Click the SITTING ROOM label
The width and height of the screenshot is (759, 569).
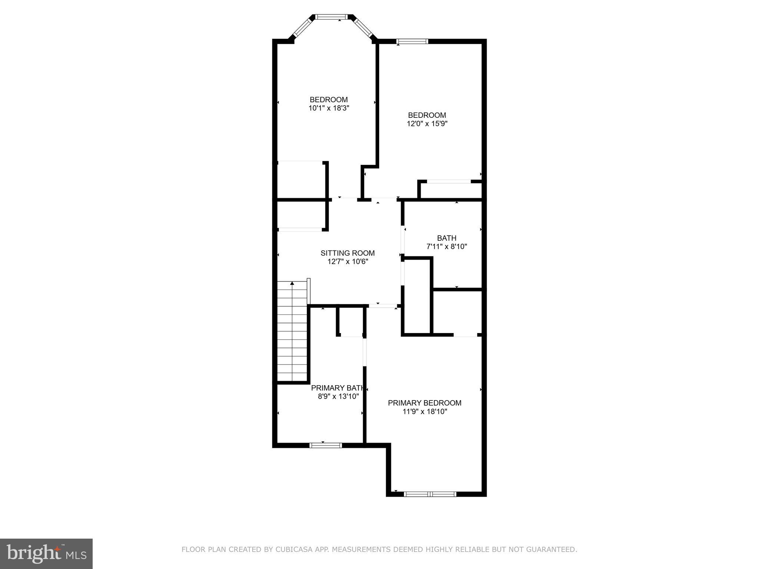(347, 253)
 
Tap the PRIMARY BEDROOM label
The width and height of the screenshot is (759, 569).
(424, 403)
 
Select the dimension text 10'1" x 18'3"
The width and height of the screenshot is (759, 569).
(329, 108)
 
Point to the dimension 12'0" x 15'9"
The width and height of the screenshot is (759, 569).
(427, 124)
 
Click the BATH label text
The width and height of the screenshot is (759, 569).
(446, 238)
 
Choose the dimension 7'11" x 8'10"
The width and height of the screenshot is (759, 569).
(446, 246)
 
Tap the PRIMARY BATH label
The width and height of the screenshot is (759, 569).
(337, 388)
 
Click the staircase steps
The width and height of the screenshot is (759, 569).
(293, 333)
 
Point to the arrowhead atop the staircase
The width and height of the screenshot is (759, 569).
(292, 283)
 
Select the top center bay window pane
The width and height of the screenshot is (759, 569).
(332, 17)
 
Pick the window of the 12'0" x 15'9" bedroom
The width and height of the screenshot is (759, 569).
(412, 41)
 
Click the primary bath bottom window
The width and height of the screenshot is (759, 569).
(325, 445)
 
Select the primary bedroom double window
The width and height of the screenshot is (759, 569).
(430, 494)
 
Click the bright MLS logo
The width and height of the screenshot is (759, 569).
(46, 553)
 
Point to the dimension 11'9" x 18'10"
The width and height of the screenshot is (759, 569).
(425, 411)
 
